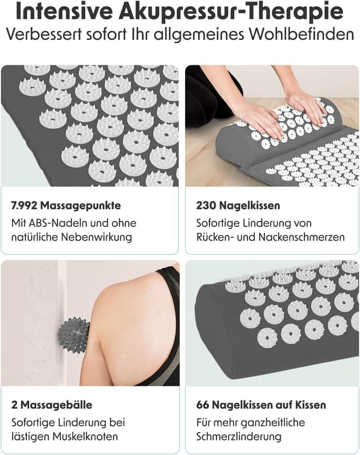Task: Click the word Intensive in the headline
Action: click(x=65, y=12)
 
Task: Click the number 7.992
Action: click(x=24, y=205)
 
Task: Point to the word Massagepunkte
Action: click(x=80, y=206)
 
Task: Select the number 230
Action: click(x=206, y=205)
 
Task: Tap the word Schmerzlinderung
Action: click(x=239, y=436)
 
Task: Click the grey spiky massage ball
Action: click(x=74, y=332)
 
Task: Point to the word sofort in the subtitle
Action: click(x=110, y=34)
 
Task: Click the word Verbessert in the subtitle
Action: click(x=48, y=34)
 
